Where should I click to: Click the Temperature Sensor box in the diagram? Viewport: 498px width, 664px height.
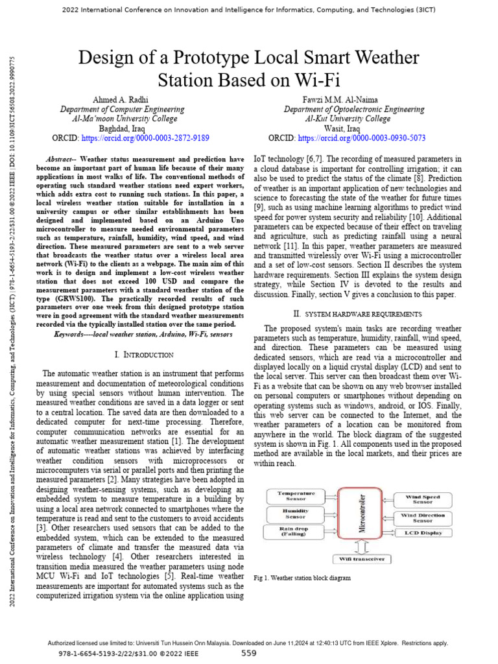[296, 497]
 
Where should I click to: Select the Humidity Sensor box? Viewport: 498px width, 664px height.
[296, 514]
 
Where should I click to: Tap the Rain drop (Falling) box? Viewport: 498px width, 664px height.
[296, 532]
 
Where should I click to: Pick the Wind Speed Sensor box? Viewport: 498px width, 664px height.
[422, 499]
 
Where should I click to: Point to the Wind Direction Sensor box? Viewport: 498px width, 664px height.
[422, 517]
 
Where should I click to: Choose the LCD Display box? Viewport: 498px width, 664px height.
[422, 533]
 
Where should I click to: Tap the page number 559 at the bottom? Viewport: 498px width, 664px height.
[249, 654]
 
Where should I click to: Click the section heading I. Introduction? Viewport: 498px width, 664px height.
[143, 355]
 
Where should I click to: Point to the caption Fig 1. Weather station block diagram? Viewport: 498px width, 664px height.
[303, 578]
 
